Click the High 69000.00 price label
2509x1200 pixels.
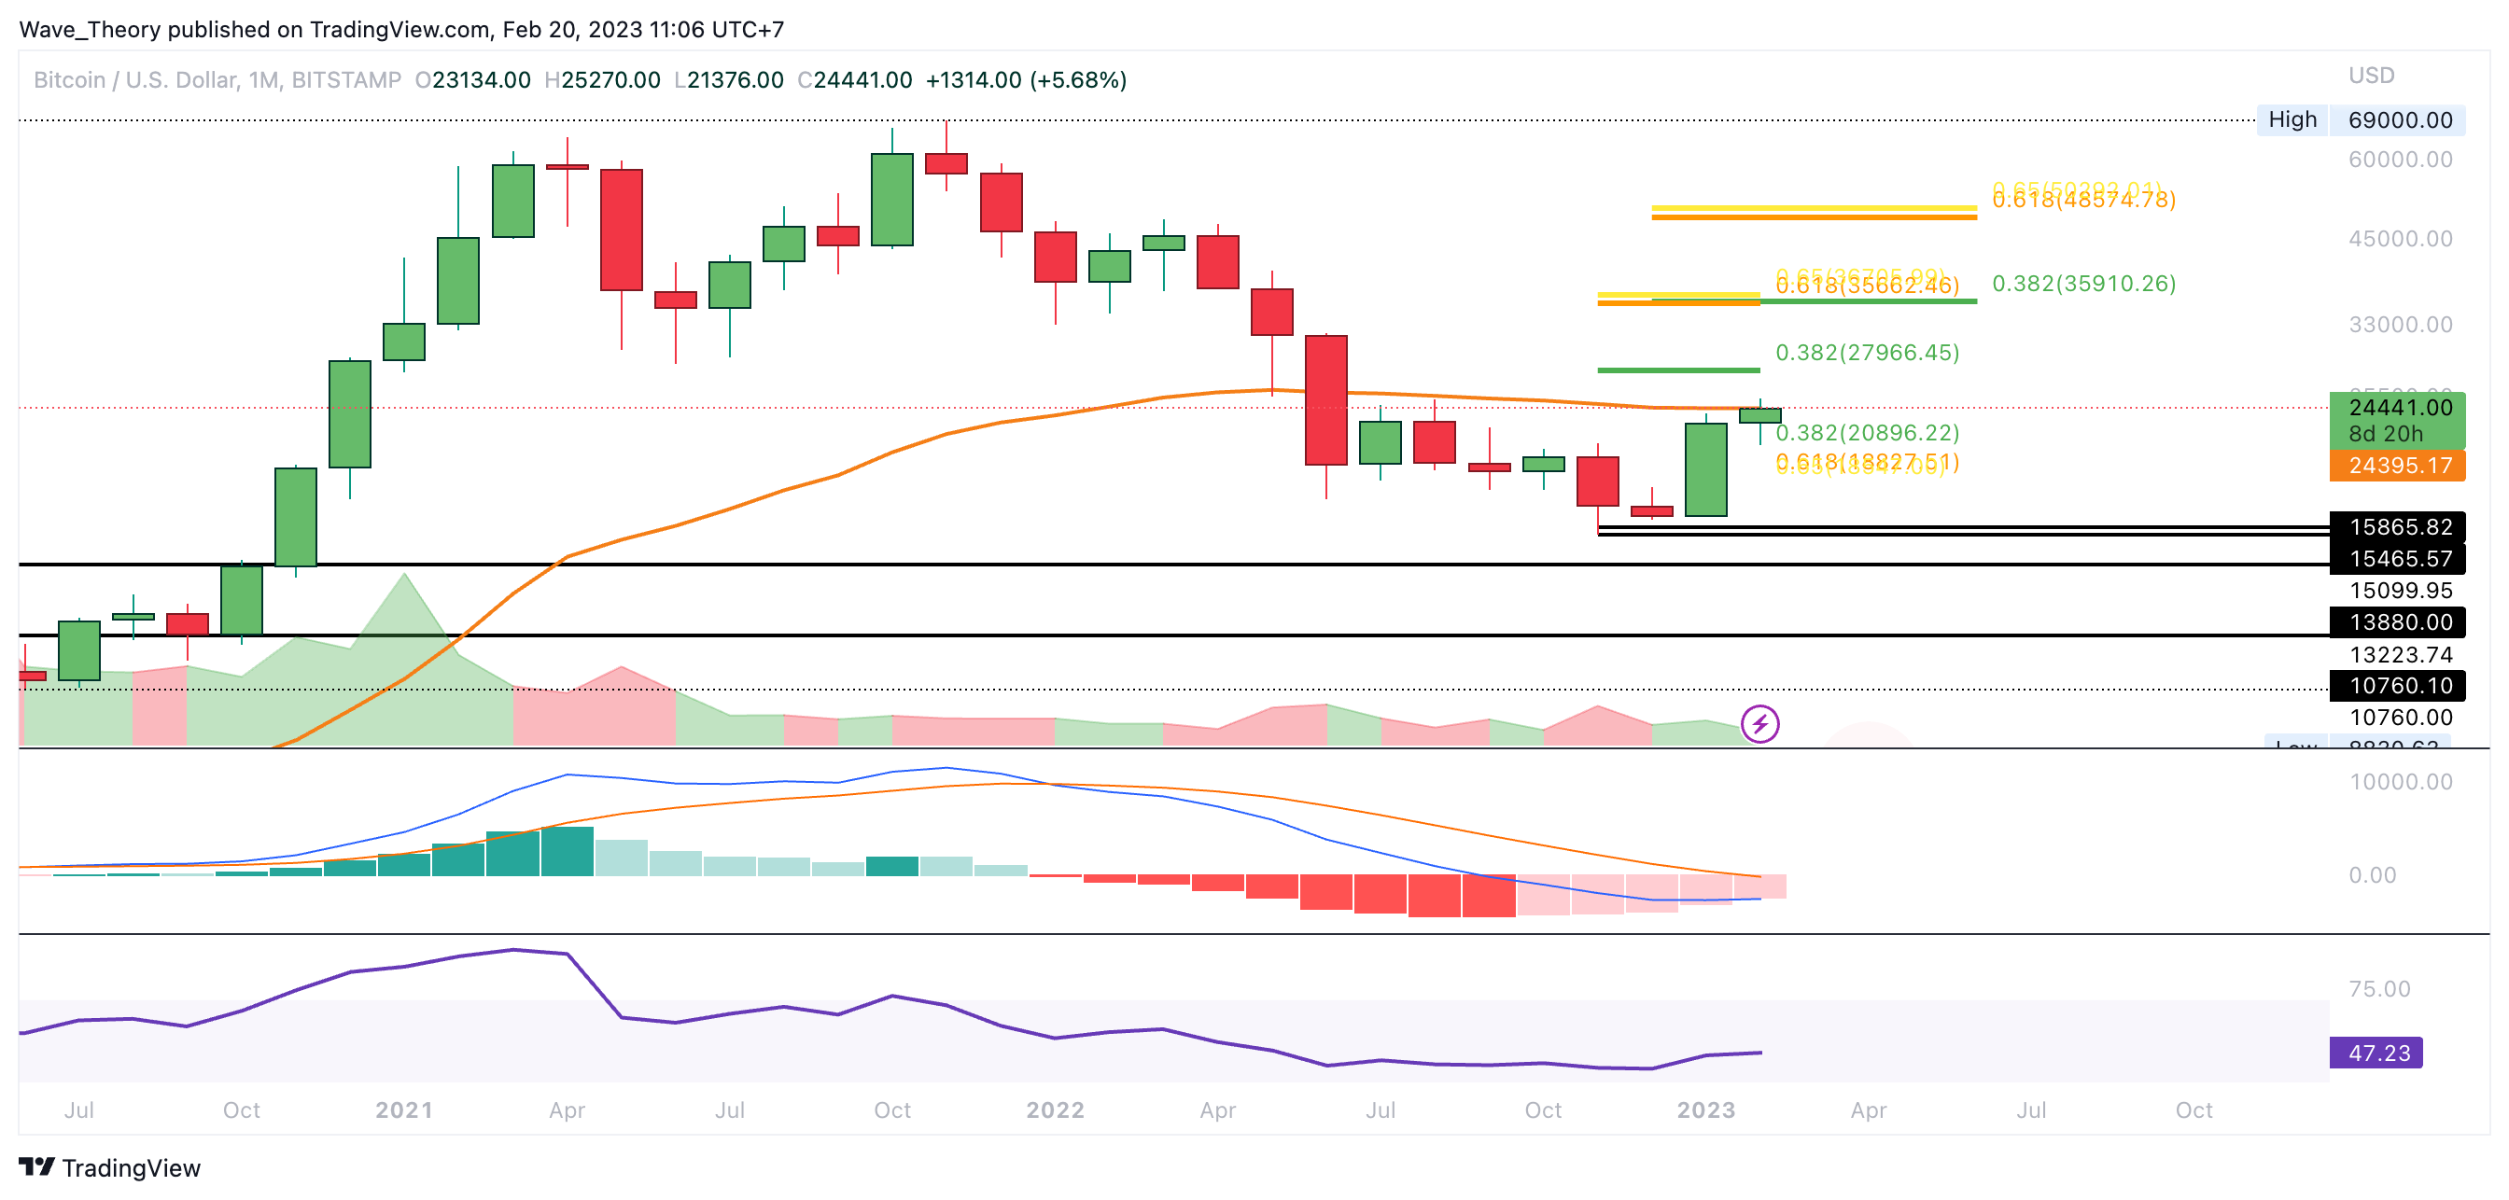click(x=2360, y=119)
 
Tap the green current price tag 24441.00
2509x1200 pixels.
click(x=2399, y=408)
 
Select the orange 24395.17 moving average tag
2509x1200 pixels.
click(x=2399, y=466)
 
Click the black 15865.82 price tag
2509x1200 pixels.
click(x=2399, y=527)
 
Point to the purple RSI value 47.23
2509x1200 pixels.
click(x=2377, y=1053)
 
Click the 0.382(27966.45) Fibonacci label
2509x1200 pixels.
click(x=1867, y=353)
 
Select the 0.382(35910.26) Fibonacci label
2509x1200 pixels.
click(x=2083, y=284)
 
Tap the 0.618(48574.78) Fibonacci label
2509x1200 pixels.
click(x=2083, y=201)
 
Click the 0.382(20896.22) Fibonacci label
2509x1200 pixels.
click(x=1867, y=432)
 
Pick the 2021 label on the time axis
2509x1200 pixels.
click(x=403, y=1110)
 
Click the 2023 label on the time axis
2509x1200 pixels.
click(x=1705, y=1110)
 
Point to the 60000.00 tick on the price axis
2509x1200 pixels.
click(x=2400, y=160)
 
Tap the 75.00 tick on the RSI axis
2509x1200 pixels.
click(x=2378, y=990)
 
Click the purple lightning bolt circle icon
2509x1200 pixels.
click(x=1760, y=724)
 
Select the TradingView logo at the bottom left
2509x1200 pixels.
click(x=109, y=1168)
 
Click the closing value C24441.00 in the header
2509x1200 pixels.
click(x=854, y=80)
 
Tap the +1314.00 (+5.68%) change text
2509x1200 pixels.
click(x=1026, y=80)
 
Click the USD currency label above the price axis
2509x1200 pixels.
click(x=2371, y=76)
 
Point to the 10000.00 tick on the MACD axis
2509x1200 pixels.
click(x=2400, y=782)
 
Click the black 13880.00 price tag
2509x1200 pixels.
click(x=2399, y=622)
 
